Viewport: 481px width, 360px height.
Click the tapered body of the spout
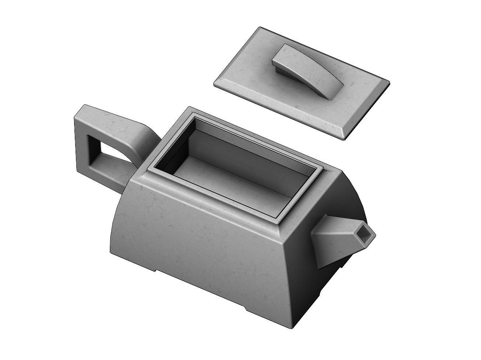[x=332, y=240]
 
